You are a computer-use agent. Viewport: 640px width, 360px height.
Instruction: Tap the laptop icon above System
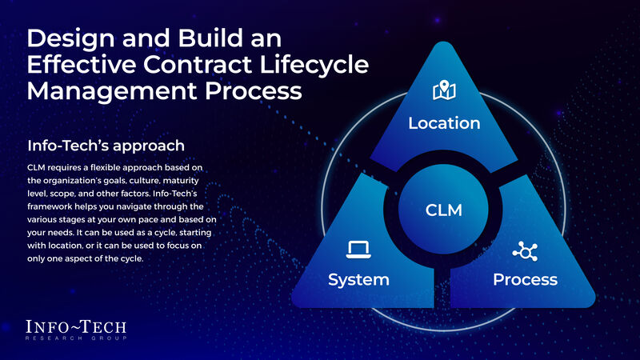[358, 250]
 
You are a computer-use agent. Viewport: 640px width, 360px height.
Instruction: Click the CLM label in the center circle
[444, 210]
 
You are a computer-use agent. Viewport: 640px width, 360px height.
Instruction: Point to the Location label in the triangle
[444, 123]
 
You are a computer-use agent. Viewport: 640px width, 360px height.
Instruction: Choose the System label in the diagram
[358, 279]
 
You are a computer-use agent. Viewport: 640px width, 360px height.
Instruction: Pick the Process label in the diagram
[525, 279]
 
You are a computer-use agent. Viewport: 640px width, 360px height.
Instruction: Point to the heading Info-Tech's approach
[106, 146]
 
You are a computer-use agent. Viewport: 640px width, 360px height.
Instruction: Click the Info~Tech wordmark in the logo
[76, 327]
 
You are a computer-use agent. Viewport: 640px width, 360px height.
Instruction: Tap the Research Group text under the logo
[76, 339]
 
